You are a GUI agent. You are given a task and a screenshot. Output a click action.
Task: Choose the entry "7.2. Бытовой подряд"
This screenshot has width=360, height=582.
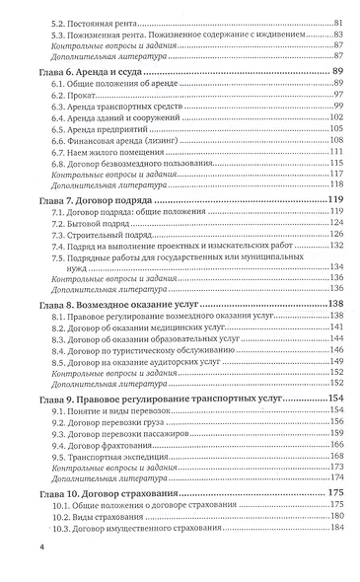(x=99, y=228)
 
